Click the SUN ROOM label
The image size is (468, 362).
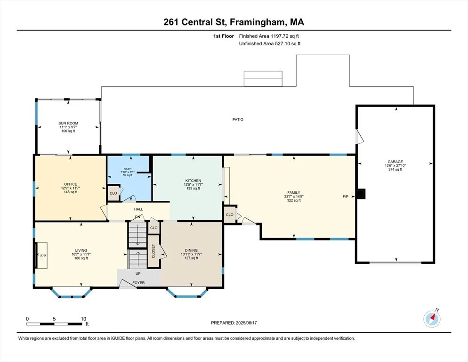[x=68, y=123]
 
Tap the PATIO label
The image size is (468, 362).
[x=238, y=119]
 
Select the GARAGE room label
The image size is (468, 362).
[x=395, y=162]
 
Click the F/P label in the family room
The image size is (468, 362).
[x=345, y=197]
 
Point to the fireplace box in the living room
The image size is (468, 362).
[x=42, y=255]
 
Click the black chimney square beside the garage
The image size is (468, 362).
[x=361, y=194]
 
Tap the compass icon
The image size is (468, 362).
[x=432, y=319]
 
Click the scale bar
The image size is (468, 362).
[x=54, y=324]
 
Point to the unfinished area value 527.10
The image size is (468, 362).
[x=283, y=44]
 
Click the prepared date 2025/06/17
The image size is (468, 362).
[x=246, y=323]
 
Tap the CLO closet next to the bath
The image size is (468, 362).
[x=113, y=193]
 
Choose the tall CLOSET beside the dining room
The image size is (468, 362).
[x=153, y=251]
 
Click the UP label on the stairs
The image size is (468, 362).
[x=138, y=273]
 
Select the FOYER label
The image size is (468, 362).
[x=138, y=282]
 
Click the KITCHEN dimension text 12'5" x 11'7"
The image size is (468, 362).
[x=193, y=185]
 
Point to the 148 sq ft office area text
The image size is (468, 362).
[x=71, y=192]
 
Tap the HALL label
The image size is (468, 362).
[x=138, y=209]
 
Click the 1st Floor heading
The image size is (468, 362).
[x=224, y=36]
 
